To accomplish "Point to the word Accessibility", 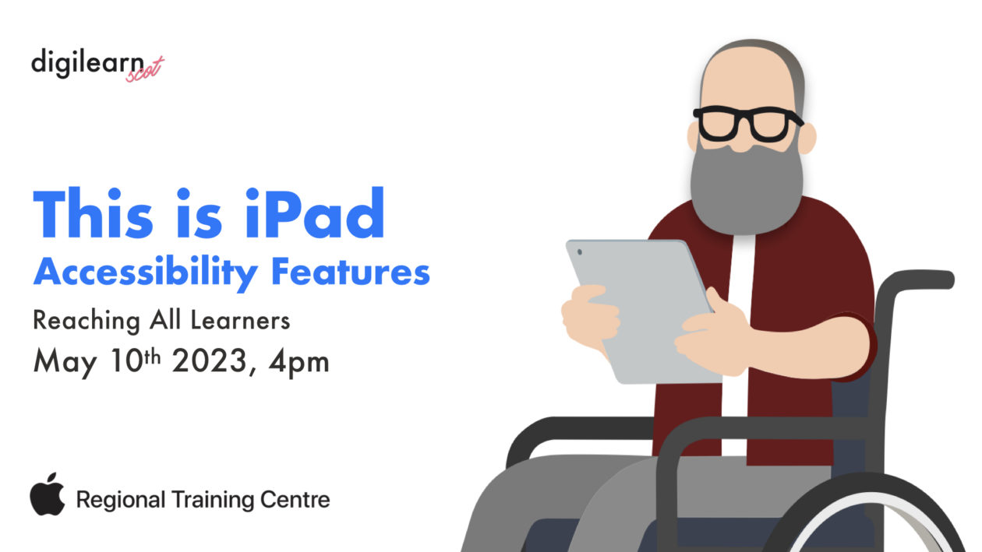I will tap(145, 272).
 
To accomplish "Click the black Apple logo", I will tap(48, 494).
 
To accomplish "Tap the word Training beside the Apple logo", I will tap(213, 500).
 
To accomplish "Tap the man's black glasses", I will tap(746, 124).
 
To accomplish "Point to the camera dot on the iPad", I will tap(580, 251).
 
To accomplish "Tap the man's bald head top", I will tap(748, 66).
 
